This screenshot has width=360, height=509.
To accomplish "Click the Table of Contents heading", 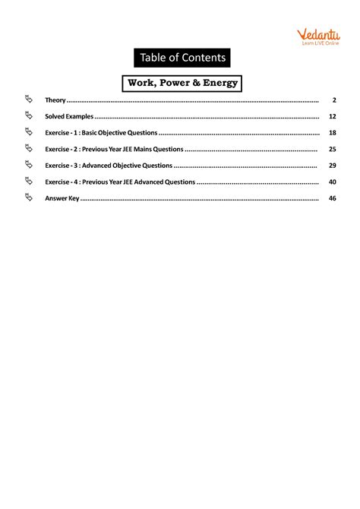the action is pyautogui.click(x=180, y=58).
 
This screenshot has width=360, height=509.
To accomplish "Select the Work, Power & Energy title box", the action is pyautogui.click(x=180, y=82).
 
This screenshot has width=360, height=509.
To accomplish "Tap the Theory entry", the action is pyautogui.click(x=55, y=100).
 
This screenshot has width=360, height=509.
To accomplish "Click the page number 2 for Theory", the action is pyautogui.click(x=334, y=100).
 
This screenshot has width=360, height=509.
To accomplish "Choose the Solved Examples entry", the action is pyautogui.click(x=69, y=117).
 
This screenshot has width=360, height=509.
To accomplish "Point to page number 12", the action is pyautogui.click(x=333, y=117).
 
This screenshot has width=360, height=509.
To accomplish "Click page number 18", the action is pyautogui.click(x=333, y=133).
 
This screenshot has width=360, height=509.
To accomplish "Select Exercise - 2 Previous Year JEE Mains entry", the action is pyautogui.click(x=114, y=149).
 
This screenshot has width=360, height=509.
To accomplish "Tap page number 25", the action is pyautogui.click(x=333, y=149).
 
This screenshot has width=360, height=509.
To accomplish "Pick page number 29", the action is pyautogui.click(x=333, y=166).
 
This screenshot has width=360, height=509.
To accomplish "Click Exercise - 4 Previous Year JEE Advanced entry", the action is pyautogui.click(x=120, y=182).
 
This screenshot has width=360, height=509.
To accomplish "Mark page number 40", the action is pyautogui.click(x=333, y=182).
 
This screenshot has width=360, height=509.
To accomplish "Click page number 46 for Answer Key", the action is pyautogui.click(x=333, y=198).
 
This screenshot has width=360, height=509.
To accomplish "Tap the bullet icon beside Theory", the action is pyautogui.click(x=29, y=100).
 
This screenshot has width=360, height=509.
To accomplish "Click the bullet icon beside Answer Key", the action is pyautogui.click(x=29, y=198).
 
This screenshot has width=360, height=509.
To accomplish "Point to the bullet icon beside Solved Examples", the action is pyautogui.click(x=29, y=116).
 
